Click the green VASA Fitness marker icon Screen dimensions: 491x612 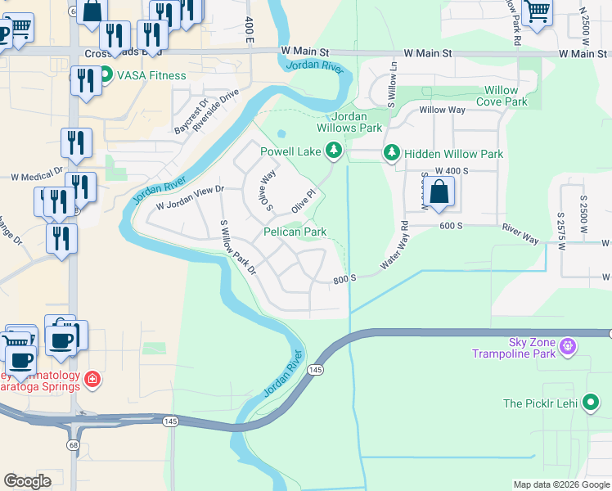click(106, 76)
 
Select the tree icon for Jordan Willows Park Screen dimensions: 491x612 click(333, 151)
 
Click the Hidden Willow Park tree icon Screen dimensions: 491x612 click(392, 154)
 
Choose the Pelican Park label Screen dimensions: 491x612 click(295, 232)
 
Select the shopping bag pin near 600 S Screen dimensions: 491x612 click(439, 193)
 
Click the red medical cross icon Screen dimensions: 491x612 click(93, 380)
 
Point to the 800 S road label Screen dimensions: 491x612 click(344, 279)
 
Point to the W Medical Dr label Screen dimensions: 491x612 click(36, 174)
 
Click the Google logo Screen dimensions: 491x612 click(27, 481)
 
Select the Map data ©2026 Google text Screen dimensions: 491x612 click(560, 484)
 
